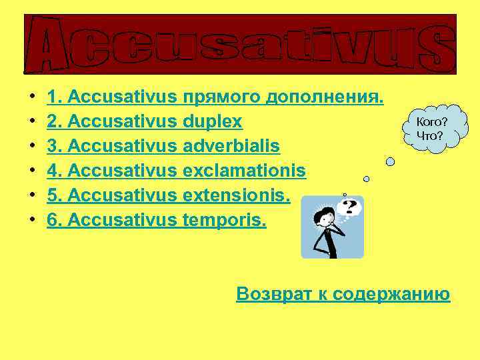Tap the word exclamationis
pyautogui.click(x=244, y=171)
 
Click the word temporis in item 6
pyautogui.click(x=224, y=220)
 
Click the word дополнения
pyautogui.click(x=325, y=97)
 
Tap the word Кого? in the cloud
pyautogui.click(x=431, y=122)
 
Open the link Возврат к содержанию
pyautogui.click(x=343, y=294)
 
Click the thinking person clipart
pyautogui.click(x=331, y=227)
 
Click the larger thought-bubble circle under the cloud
pyautogui.click(x=391, y=161)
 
